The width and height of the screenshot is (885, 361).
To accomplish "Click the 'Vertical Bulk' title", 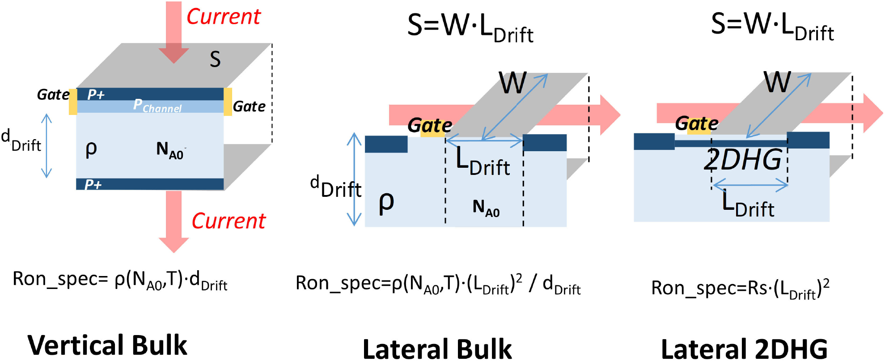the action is pos(107,345).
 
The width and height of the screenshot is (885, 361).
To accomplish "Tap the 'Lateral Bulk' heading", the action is pos(437,349).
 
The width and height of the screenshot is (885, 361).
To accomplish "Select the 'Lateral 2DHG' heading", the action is pos(744,349).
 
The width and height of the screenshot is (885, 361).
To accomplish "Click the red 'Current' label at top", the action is pos(223,17).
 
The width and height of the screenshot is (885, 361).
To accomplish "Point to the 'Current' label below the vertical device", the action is pos(229,221).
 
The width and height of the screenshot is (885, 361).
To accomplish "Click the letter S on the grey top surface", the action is pos(215,59).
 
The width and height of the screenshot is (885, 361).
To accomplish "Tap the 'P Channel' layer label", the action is pos(157,106).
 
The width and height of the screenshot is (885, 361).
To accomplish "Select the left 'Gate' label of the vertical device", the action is pos(53,94).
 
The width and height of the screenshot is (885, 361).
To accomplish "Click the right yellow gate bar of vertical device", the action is pos(228,102).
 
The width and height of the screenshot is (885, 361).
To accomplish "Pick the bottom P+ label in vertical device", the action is pos(93,184).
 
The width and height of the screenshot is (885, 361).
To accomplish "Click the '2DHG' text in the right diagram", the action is pos(743,160).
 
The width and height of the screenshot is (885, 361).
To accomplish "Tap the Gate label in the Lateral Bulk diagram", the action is pos(430,126).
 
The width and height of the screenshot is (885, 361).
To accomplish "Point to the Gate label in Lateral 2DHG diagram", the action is pos(697,123).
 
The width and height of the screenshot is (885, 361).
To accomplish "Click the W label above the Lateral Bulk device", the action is pos(513,83).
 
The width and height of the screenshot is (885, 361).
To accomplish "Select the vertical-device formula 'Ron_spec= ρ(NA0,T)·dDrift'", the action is pos(120,280).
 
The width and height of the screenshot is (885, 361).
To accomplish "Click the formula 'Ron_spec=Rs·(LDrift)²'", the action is pos(740,289).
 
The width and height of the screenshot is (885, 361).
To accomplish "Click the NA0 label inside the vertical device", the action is pos(170,150).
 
